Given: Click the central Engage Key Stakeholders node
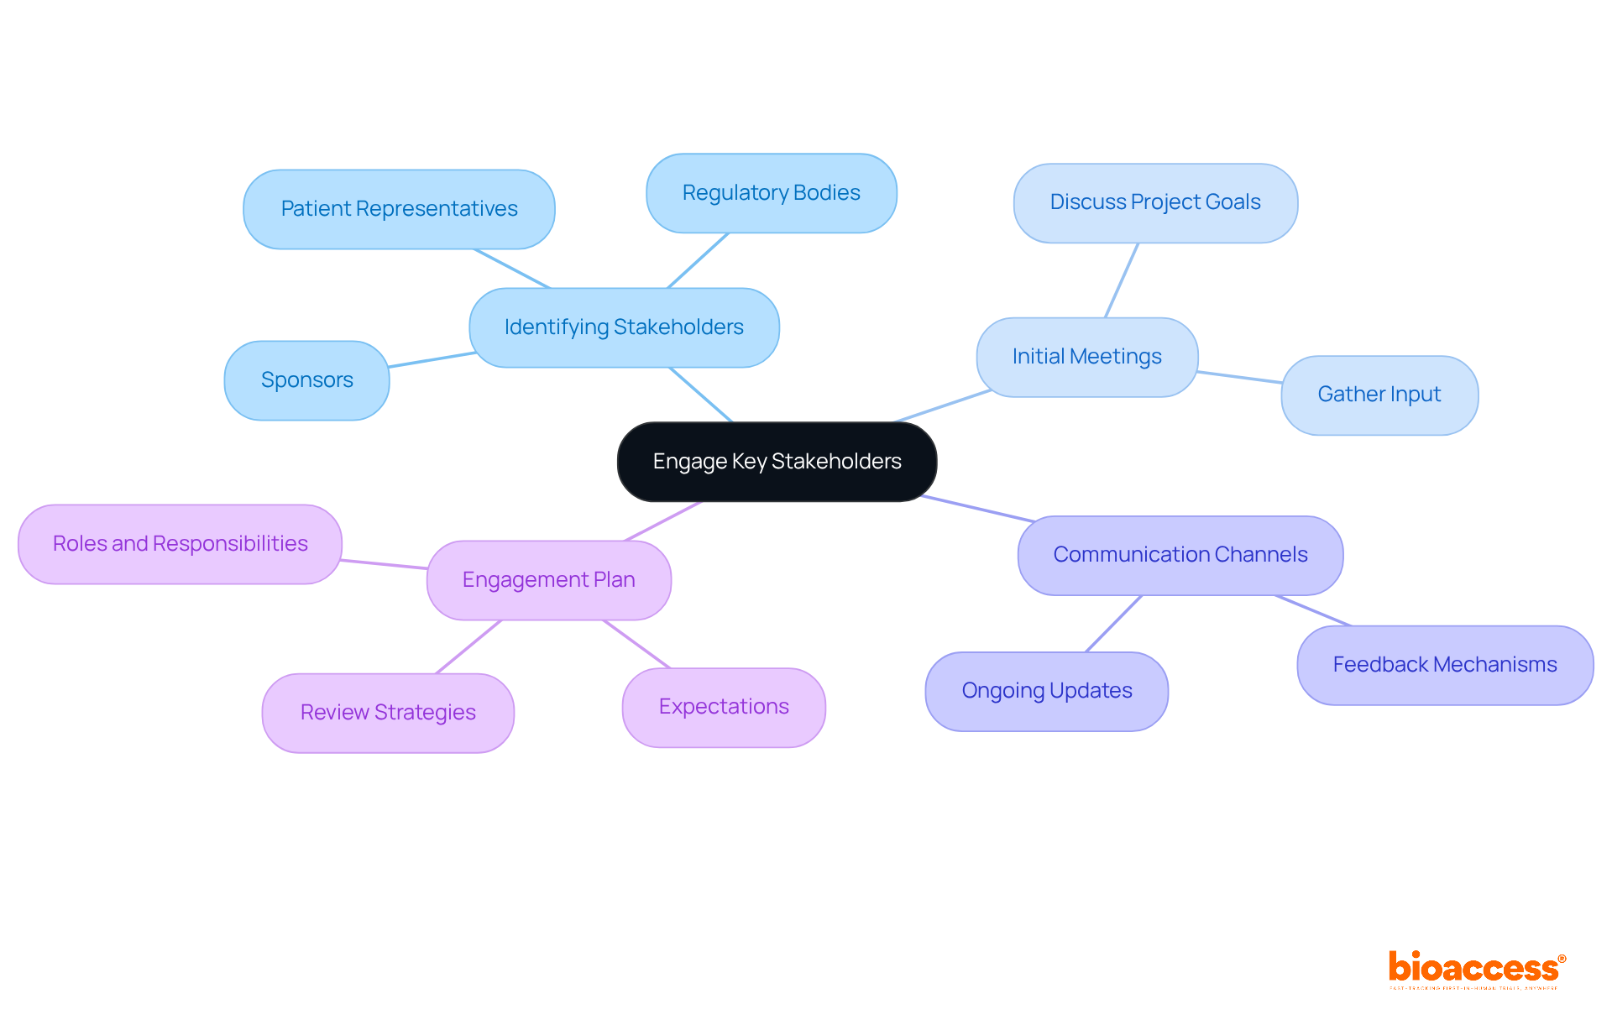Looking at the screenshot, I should click(x=777, y=462).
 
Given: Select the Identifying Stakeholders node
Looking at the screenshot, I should click(x=624, y=327).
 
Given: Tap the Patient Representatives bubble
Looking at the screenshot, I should click(x=399, y=209).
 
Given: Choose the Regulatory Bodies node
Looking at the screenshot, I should click(x=771, y=193).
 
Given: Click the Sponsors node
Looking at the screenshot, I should click(x=306, y=380).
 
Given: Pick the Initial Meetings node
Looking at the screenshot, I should click(x=1086, y=357).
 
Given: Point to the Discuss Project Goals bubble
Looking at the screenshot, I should click(x=1155, y=203).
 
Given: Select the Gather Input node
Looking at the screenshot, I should click(x=1379, y=395).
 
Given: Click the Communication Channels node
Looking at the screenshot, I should click(x=1180, y=555).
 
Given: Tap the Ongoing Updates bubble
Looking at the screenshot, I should click(x=1046, y=691).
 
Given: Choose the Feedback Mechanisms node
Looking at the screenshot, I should click(x=1444, y=665).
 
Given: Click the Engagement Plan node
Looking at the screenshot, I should click(x=548, y=580).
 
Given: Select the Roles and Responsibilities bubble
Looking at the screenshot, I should click(x=180, y=544).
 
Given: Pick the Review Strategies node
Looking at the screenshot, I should click(x=388, y=713).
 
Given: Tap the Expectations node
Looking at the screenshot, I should click(x=724, y=707).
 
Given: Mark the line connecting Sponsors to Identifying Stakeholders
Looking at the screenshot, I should click(x=432, y=360).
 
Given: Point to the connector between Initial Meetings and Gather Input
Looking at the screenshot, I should click(x=1239, y=377).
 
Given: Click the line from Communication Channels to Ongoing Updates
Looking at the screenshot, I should click(x=1114, y=624).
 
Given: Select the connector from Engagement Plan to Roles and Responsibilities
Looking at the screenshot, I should click(x=384, y=564).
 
